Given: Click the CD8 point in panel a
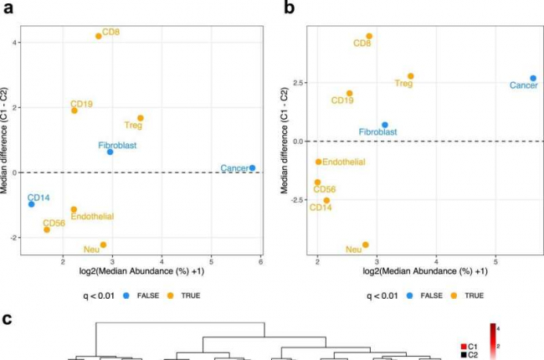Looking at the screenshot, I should tap(98, 36).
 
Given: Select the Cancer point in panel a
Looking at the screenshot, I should tap(253, 167).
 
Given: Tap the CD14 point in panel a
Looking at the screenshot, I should tap(31, 204).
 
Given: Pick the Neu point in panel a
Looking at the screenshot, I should tap(103, 244).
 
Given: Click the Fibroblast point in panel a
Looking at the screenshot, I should tap(110, 152).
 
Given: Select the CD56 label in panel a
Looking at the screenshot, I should tap(54, 223).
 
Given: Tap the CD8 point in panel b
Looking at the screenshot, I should tap(369, 36).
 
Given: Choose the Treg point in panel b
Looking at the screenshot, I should tap(410, 76).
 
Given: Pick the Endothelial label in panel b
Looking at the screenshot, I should tap(343, 162).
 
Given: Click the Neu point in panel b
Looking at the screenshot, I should tap(366, 244).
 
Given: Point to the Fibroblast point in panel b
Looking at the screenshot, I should tap(385, 125).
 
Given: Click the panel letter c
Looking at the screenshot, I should tap(6, 321).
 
